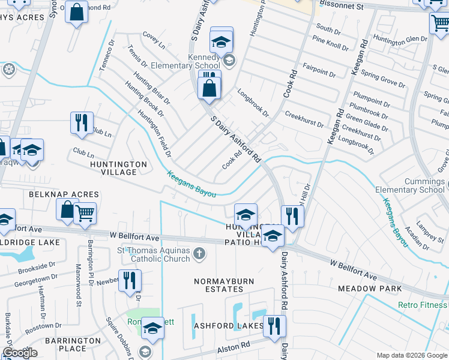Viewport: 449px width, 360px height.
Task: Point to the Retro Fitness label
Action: click(423, 305)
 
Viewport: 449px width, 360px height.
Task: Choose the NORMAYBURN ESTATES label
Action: click(224, 285)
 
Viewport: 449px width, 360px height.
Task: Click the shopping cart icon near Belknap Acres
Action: click(85, 213)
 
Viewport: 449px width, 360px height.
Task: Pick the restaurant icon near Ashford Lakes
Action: click(274, 326)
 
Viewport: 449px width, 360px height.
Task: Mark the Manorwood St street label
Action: click(79, 285)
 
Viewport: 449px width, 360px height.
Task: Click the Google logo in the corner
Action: click(20, 352)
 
